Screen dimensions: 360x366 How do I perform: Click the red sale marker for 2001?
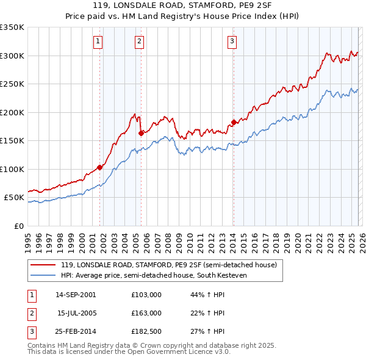[x=99, y=167]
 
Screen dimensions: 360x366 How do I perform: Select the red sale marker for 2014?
[x=234, y=122]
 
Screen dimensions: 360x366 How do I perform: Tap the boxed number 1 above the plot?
[x=98, y=41]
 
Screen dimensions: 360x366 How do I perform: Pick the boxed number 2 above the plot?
[x=140, y=41]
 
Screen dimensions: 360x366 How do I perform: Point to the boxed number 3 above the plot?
[x=232, y=41]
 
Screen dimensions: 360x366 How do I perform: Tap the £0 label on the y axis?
[x=18, y=226]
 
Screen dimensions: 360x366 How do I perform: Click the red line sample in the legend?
[x=43, y=265]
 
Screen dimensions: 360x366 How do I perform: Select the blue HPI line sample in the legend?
[x=43, y=275]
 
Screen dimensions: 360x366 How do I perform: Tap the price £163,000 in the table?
[x=146, y=313]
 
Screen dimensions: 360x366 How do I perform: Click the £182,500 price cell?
[x=146, y=332]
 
